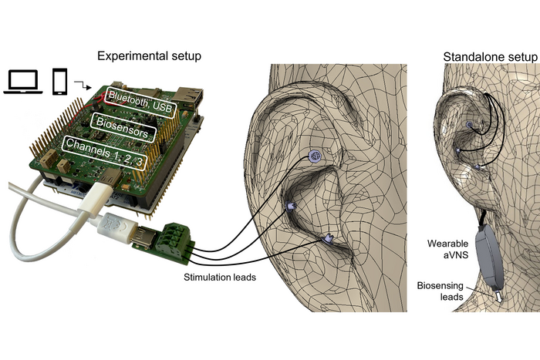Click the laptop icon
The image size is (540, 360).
[x=24, y=82]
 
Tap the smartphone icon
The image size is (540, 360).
[x=60, y=82]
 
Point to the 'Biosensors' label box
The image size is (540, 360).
[x=124, y=122]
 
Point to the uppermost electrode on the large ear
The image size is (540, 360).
[x=314, y=156]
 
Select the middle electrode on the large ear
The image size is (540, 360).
[x=291, y=206]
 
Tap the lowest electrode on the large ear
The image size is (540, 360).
[x=327, y=239]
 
